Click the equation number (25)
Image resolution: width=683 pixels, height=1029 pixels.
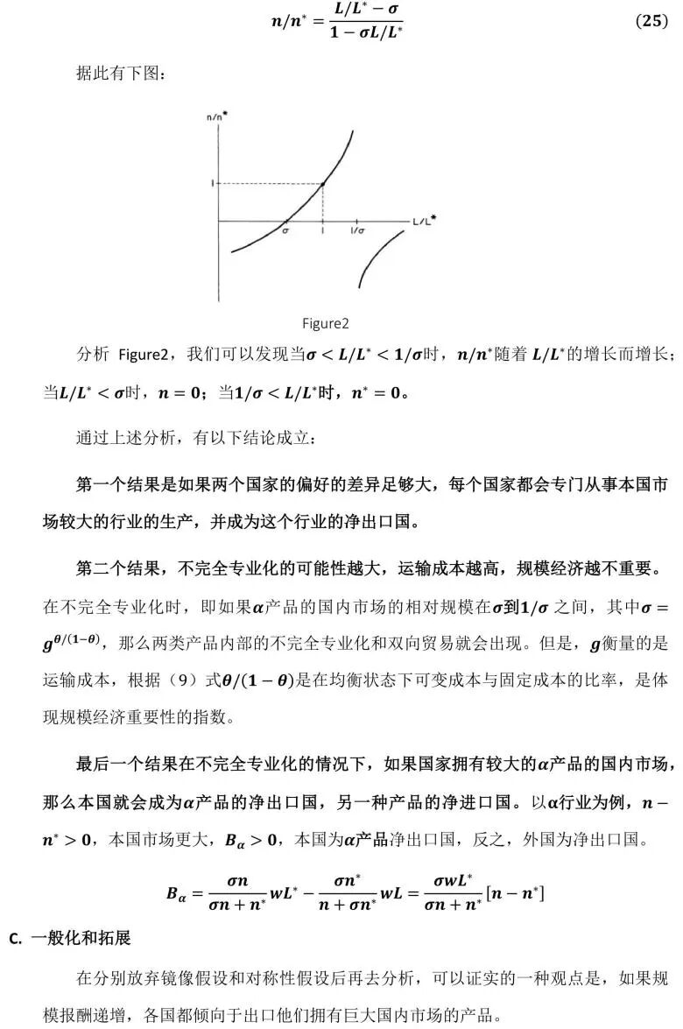point(651,22)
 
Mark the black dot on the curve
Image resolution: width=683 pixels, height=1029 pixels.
point(324,183)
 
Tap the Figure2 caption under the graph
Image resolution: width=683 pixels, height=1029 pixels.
point(326,324)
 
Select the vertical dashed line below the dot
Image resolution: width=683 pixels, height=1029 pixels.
point(324,203)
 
